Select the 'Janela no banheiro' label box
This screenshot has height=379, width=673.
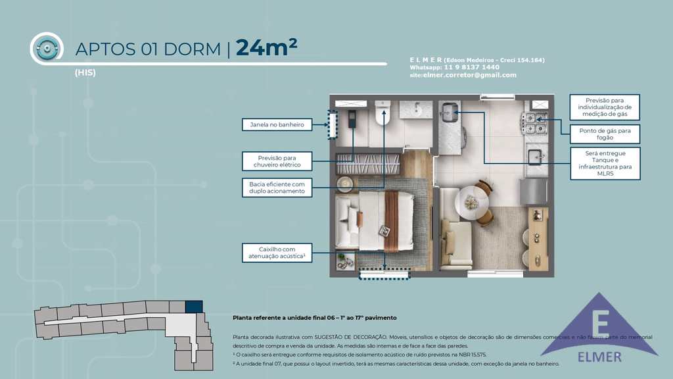tap(276, 124)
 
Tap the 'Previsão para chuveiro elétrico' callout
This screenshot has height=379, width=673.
tap(276, 161)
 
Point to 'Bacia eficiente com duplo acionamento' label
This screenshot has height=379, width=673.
tap(276, 188)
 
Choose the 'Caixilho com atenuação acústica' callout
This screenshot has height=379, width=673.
tap(277, 253)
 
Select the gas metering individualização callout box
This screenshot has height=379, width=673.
tap(605, 107)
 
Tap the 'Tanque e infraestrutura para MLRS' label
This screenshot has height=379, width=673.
tap(604, 164)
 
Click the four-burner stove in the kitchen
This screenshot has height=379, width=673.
tap(535, 123)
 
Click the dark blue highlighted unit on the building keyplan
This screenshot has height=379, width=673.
tap(194, 307)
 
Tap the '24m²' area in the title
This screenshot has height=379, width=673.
tap(266, 48)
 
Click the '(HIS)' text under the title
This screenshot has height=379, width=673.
tap(85, 73)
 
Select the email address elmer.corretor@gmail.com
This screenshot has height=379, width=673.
tap(470, 75)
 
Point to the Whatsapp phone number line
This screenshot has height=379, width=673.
tap(454, 67)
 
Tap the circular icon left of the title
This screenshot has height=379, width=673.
tap(47, 47)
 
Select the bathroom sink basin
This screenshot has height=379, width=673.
tap(417, 109)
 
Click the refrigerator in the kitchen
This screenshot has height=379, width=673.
tap(533, 191)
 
